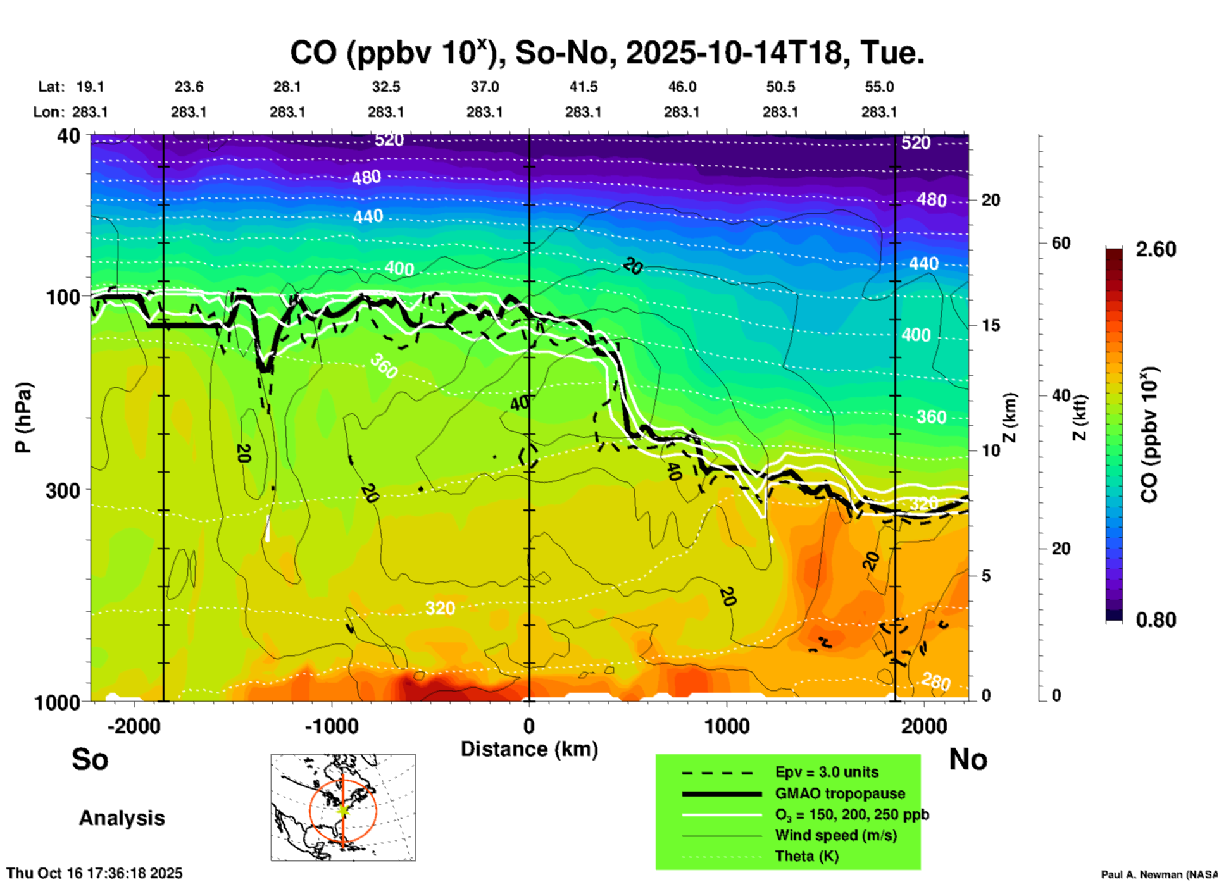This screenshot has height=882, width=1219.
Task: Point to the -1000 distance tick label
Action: click(x=331, y=726)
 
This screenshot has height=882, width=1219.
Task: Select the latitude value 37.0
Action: click(x=484, y=87)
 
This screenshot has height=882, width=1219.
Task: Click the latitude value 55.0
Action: click(x=879, y=87)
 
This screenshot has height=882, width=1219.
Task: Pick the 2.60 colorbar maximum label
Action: click(x=1156, y=249)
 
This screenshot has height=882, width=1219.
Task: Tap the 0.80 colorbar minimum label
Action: click(x=1156, y=620)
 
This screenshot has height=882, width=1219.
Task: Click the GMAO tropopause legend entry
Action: click(x=840, y=793)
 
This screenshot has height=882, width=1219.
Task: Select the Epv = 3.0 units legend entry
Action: click(x=827, y=773)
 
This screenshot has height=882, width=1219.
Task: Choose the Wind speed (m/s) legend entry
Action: click(x=835, y=835)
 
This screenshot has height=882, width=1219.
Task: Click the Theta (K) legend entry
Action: click(x=806, y=856)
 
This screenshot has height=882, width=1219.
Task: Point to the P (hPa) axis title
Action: click(x=23, y=418)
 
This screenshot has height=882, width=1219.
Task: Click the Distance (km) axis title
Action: click(x=529, y=749)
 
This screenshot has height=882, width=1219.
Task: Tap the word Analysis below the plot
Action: click(x=122, y=818)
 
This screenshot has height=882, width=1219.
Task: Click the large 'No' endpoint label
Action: click(x=968, y=759)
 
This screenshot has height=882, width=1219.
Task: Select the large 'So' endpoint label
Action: click(x=90, y=759)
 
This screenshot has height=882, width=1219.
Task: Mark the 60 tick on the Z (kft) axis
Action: click(x=1061, y=243)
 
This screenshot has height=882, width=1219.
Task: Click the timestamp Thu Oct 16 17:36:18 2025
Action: click(x=94, y=873)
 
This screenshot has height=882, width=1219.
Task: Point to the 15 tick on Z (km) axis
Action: click(x=991, y=325)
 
